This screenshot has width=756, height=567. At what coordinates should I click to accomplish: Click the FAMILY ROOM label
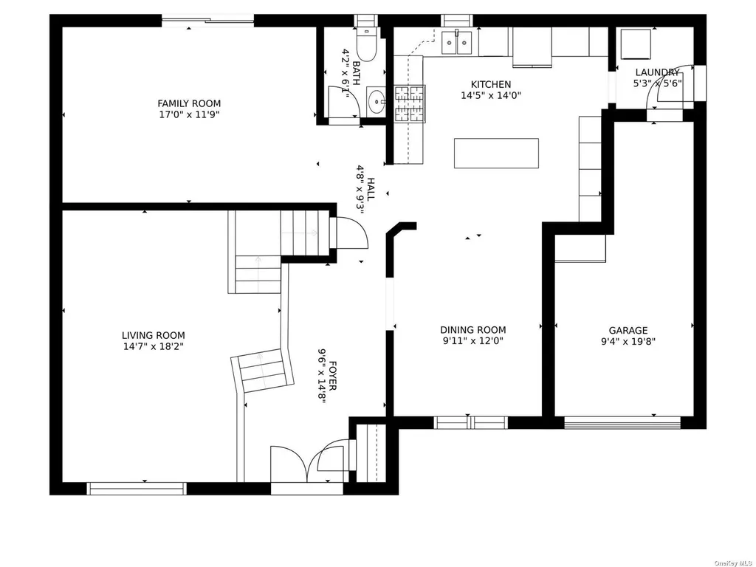(189, 103)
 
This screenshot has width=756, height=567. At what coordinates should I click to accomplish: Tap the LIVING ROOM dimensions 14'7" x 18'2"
(154, 346)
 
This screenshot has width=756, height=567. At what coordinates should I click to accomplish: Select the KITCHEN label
(491, 84)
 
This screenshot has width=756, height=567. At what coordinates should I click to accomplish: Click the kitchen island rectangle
(496, 154)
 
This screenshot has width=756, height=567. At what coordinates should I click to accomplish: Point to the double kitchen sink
(456, 42)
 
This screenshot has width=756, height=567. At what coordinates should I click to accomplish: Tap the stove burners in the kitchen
(410, 103)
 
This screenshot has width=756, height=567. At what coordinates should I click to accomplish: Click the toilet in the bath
(365, 44)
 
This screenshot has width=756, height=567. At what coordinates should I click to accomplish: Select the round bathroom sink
(376, 102)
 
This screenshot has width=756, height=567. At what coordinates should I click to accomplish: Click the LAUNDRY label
(657, 72)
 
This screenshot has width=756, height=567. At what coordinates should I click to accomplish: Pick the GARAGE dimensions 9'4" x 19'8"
(628, 342)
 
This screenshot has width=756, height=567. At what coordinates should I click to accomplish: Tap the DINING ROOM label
(473, 330)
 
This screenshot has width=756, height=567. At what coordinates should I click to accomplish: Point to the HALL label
(371, 190)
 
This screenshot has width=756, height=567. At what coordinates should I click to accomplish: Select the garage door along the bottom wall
(622, 423)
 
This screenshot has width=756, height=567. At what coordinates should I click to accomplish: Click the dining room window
(470, 423)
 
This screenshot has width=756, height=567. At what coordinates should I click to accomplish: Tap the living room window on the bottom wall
(137, 489)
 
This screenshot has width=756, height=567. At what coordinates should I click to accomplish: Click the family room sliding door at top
(207, 20)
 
